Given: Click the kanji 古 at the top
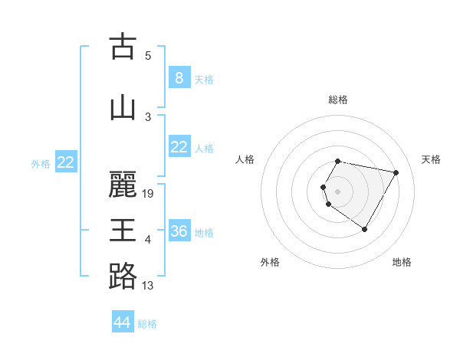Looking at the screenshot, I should pyautogui.click(x=123, y=46).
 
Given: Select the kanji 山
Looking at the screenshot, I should pyautogui.click(x=123, y=107).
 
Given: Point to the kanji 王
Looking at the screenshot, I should pyautogui.click(x=123, y=231).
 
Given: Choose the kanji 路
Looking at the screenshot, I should pyautogui.click(x=123, y=277).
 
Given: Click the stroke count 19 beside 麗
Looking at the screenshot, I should pyautogui.click(x=149, y=194).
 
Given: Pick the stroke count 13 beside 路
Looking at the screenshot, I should pyautogui.click(x=148, y=286).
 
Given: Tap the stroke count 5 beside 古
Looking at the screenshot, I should pyautogui.click(x=148, y=56).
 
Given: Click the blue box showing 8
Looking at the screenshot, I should pyautogui.click(x=179, y=77).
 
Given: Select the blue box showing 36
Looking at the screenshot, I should pyautogui.click(x=179, y=231).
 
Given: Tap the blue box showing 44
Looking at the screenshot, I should pyautogui.click(x=123, y=322).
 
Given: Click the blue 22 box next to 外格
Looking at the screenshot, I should pyautogui.click(x=65, y=162).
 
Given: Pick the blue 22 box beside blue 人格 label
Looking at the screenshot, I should pyautogui.click(x=179, y=146).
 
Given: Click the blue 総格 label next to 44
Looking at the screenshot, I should pyautogui.click(x=148, y=324).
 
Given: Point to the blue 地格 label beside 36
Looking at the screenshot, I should pyautogui.click(x=205, y=232).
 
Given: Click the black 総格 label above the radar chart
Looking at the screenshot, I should pyautogui.click(x=338, y=100).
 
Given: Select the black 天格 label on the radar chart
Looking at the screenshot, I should pyautogui.click(x=431, y=159).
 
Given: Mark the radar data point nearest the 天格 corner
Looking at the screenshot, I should pyautogui.click(x=396, y=173).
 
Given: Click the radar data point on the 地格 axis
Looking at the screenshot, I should pyautogui.click(x=364, y=229).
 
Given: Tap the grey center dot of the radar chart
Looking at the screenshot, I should pyautogui.click(x=338, y=191).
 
